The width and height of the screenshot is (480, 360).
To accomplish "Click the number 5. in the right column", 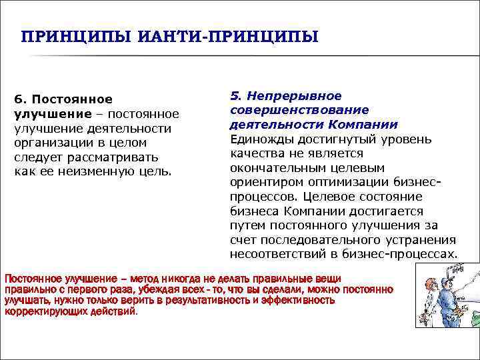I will (235, 96).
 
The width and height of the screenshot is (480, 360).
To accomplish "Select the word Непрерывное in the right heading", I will (295, 96).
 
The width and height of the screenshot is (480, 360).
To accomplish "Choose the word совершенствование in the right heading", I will (299, 110).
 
